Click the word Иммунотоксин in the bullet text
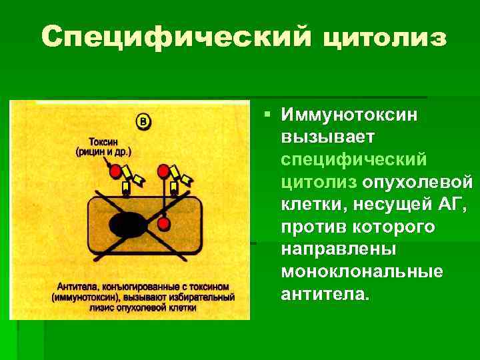point(349,115)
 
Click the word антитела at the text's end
point(324,294)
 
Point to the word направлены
point(339,249)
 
